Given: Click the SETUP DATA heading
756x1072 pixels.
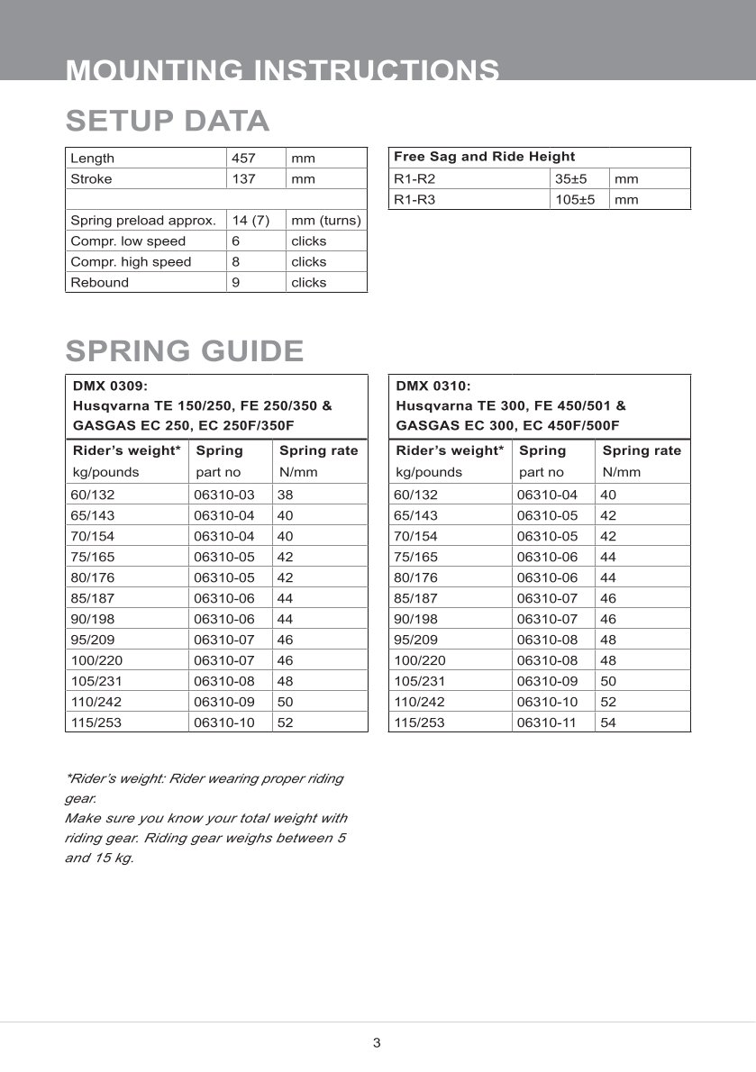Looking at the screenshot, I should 168,121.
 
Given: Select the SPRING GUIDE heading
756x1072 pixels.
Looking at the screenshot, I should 185,350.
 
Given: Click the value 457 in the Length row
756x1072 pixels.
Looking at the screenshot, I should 243,159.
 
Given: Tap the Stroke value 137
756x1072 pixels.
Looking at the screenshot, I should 243,179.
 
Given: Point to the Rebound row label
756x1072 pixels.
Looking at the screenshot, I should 99,283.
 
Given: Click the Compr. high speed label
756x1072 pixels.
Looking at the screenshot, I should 131,262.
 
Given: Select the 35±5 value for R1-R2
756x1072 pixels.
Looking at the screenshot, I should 571,179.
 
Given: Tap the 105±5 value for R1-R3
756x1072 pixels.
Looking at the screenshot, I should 575,200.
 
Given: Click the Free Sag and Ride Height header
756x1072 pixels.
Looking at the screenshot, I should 484,157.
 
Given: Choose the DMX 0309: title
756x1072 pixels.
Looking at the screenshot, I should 109,386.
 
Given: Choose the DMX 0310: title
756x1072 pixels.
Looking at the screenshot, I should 433,386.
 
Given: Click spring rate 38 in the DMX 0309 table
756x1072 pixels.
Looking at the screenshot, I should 286,495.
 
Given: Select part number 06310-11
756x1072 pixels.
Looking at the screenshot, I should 548,722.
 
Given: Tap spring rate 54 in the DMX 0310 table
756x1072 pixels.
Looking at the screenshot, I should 608,722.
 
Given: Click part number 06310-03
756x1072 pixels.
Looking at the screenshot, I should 224,495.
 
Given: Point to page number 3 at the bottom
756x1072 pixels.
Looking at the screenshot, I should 377,1043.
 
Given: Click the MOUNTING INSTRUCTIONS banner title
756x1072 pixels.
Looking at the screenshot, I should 283,70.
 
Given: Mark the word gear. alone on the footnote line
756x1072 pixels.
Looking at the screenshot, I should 80,798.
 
